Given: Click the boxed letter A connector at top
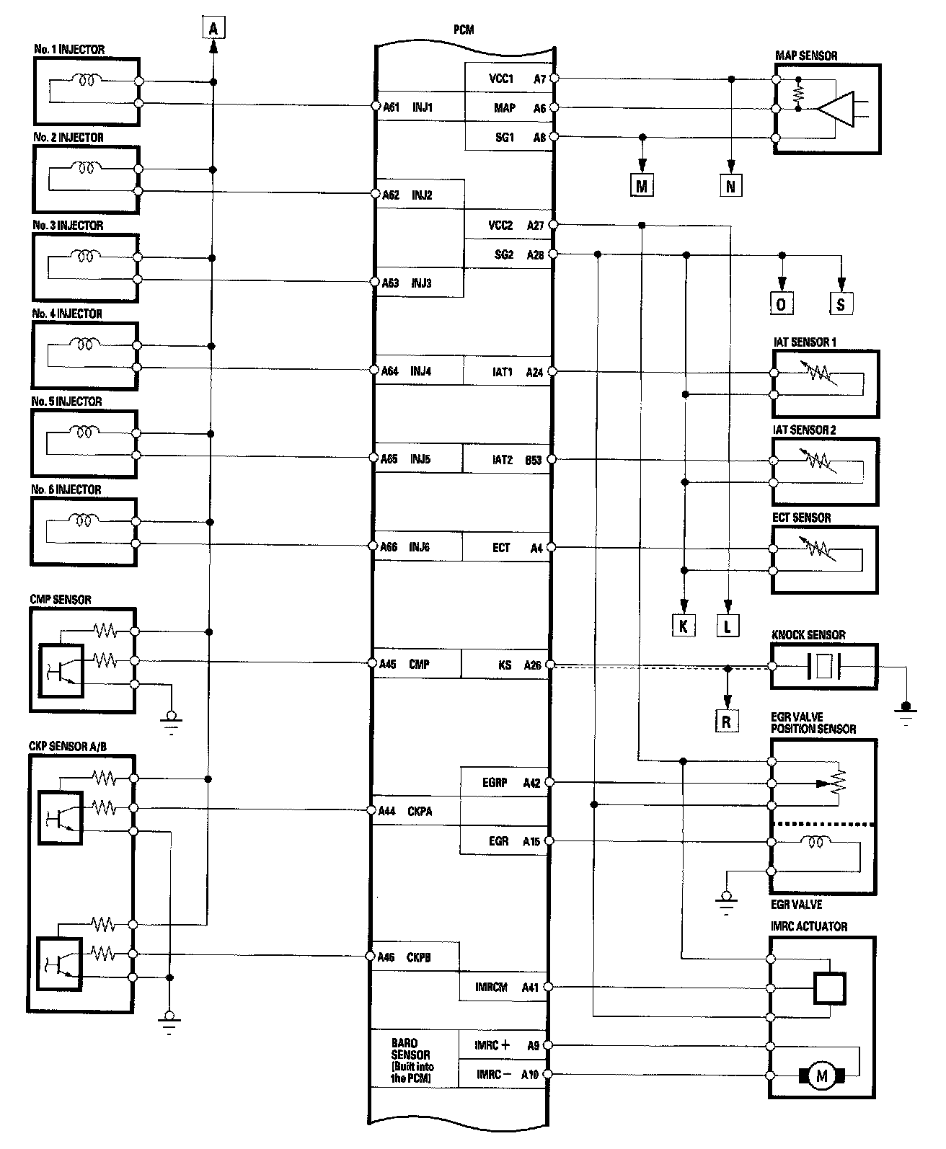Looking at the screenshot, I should [x=213, y=27].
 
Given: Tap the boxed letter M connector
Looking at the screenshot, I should [x=642, y=186].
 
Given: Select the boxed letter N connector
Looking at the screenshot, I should [x=730, y=186].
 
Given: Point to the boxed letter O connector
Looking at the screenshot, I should [x=781, y=303].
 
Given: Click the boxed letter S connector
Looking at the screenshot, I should [x=841, y=303].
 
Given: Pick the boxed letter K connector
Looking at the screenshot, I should [x=682, y=626].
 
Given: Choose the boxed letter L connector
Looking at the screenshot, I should [x=728, y=626].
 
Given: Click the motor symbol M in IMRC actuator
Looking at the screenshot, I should [x=822, y=1076].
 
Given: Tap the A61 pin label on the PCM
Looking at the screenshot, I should [x=390, y=107].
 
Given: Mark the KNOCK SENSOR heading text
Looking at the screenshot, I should [x=808, y=635].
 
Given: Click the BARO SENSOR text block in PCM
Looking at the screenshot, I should [x=413, y=1060].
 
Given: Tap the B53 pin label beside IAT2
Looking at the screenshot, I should [x=534, y=459].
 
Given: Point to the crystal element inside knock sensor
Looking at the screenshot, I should [x=824, y=665].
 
